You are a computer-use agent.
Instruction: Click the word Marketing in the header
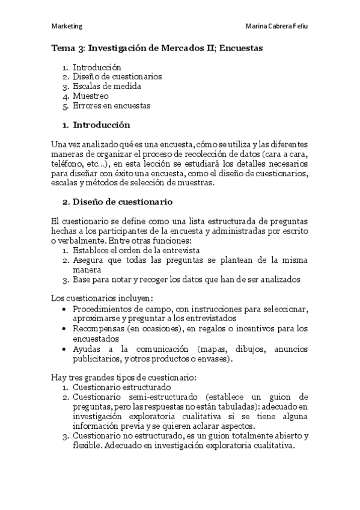(x=67, y=26)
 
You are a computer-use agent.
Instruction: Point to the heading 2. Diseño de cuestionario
(x=118, y=201)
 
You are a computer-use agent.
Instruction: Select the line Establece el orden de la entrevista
(x=136, y=250)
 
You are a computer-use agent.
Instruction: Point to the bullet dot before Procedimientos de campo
(x=65, y=309)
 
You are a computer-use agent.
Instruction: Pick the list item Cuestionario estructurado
(x=122, y=387)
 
